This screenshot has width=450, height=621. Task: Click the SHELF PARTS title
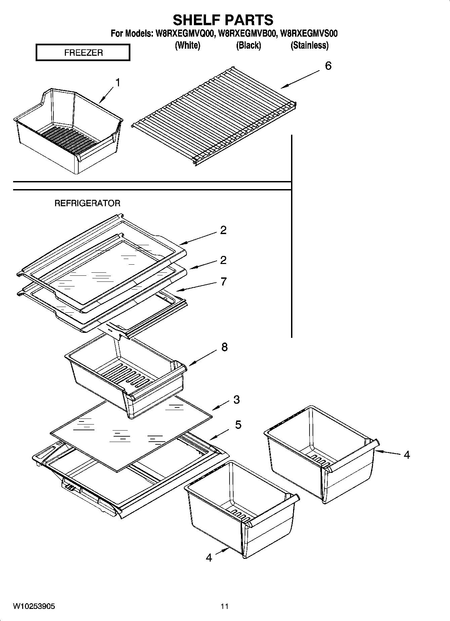(x=223, y=20)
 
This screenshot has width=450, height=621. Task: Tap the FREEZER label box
(x=83, y=53)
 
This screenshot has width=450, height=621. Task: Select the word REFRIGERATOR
(x=87, y=203)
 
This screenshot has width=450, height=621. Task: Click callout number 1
(x=118, y=82)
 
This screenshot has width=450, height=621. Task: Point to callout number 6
(x=328, y=66)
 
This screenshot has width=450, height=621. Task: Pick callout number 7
(x=223, y=281)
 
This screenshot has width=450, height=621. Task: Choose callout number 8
(x=224, y=347)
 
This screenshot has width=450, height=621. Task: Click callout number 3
(x=236, y=400)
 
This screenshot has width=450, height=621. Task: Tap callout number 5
(x=238, y=425)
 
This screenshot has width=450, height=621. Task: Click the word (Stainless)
(x=309, y=45)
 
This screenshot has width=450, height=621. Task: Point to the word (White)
(x=188, y=45)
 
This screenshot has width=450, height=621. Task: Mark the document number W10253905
(x=34, y=607)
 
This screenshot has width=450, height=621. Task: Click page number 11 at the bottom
(x=224, y=607)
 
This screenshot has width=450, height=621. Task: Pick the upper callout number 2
(x=223, y=230)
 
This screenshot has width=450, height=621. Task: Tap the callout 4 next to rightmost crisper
(x=407, y=455)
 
